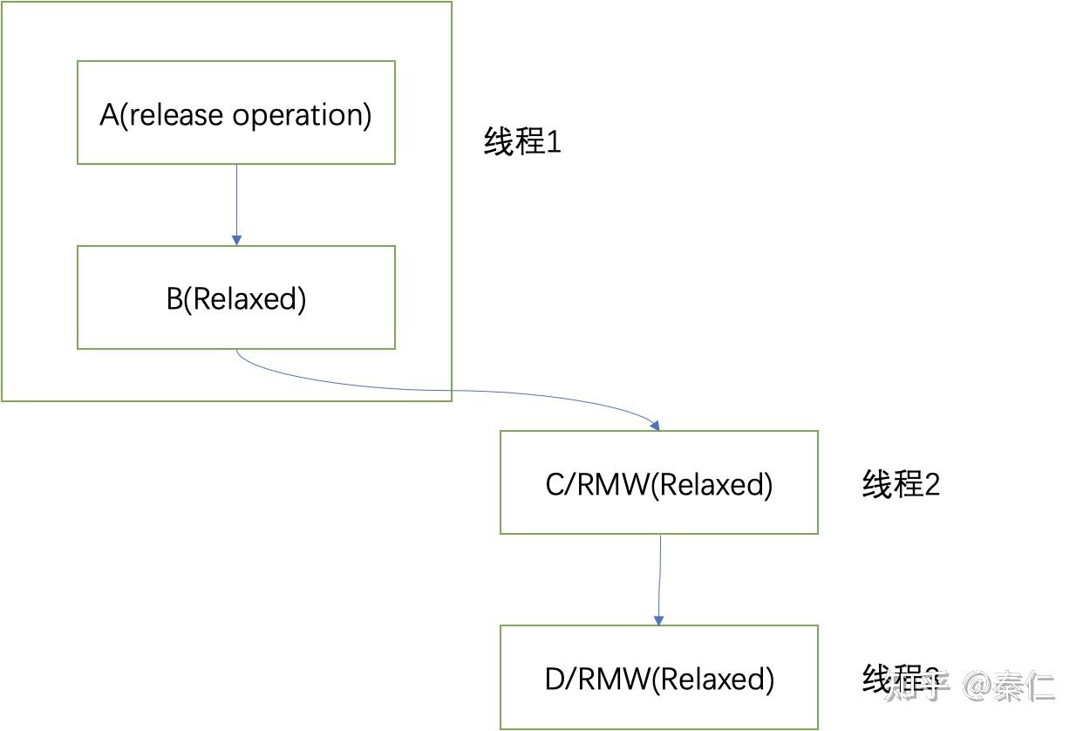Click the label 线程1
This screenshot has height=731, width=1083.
522,141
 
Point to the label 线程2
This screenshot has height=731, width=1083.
901,484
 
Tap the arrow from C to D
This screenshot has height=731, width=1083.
659,576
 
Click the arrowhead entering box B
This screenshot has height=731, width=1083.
236,240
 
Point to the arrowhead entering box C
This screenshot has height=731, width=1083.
654,425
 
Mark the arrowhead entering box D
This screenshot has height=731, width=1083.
658,619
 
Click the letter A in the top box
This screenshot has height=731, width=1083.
109,114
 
